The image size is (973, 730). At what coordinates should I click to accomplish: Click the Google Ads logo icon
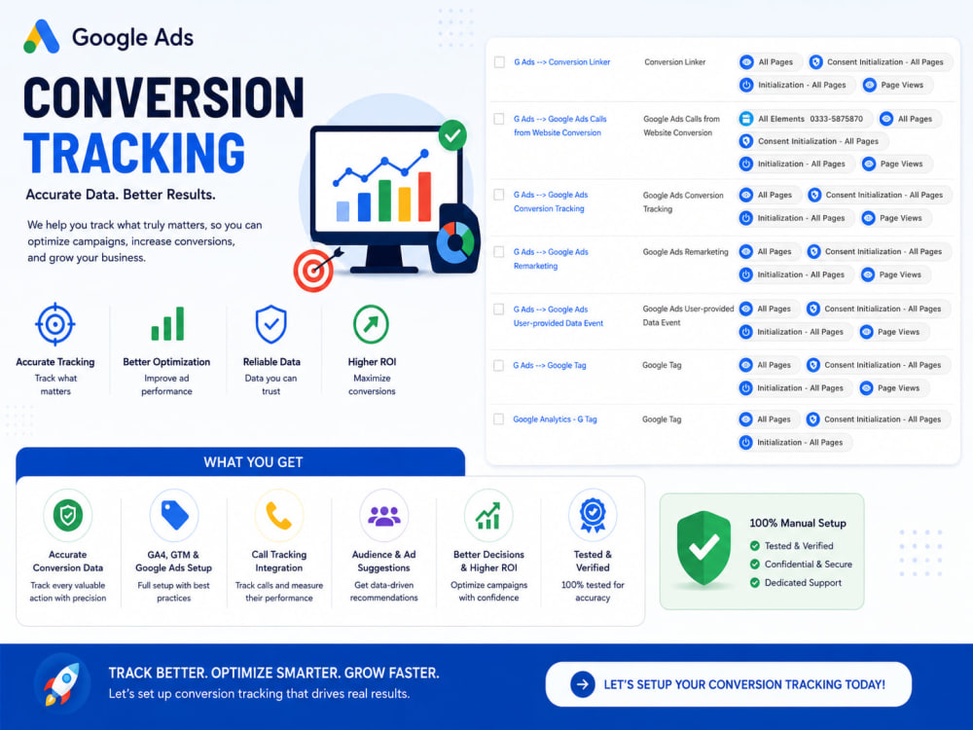[x=42, y=37]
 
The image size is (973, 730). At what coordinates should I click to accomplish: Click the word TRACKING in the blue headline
[x=134, y=153]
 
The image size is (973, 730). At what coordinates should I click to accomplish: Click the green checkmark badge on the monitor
[x=452, y=134]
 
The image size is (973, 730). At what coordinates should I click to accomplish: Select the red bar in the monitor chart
[x=424, y=197]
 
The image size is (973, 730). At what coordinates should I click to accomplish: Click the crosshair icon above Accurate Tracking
[x=55, y=324]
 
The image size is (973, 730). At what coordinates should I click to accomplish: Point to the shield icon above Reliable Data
[x=271, y=324]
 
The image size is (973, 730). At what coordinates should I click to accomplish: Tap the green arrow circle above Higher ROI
[x=371, y=324]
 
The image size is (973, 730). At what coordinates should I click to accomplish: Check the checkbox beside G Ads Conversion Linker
[x=499, y=62]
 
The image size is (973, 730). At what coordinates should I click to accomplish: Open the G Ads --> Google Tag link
[x=549, y=366]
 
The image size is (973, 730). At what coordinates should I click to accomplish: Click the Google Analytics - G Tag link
[x=555, y=420]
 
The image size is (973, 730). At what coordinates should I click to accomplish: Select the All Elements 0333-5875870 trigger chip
[x=805, y=119]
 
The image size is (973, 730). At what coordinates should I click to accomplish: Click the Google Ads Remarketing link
[x=551, y=259]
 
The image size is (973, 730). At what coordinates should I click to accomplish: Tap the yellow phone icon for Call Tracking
[x=278, y=515]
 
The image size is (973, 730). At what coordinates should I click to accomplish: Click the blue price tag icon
[x=174, y=515]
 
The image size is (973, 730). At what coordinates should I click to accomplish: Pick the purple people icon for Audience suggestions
[x=384, y=515]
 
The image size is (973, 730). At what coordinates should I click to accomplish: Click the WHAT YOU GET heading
[x=253, y=462]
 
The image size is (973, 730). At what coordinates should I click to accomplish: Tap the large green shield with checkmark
[x=703, y=548]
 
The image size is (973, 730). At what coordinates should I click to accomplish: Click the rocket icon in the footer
[x=62, y=683]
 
